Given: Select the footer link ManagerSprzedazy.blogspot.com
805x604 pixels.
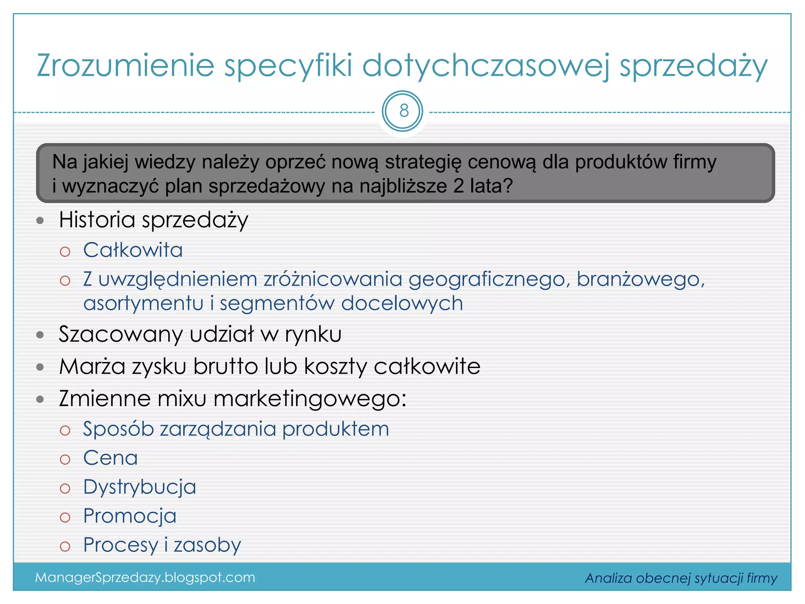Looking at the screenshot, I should point(145,577).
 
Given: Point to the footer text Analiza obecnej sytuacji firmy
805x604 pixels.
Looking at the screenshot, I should point(681,578).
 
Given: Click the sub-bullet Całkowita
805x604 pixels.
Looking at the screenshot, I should point(133,250).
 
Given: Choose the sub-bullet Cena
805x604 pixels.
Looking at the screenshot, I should point(110,458).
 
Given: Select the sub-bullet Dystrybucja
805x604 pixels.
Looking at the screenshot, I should point(140,487).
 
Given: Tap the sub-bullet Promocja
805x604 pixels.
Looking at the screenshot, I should point(130,516).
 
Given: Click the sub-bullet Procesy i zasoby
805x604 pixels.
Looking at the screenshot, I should point(162,545).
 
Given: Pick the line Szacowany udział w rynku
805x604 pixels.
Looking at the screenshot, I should point(200,334).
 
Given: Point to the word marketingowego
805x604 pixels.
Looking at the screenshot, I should point(310,399).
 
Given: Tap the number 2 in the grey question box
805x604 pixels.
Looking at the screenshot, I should point(458,186).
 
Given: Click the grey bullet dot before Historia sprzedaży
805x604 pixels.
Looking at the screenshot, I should point(40,220).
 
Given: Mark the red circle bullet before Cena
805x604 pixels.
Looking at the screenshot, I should point(65,459).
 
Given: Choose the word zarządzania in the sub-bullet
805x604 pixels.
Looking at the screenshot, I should point(218,429).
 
